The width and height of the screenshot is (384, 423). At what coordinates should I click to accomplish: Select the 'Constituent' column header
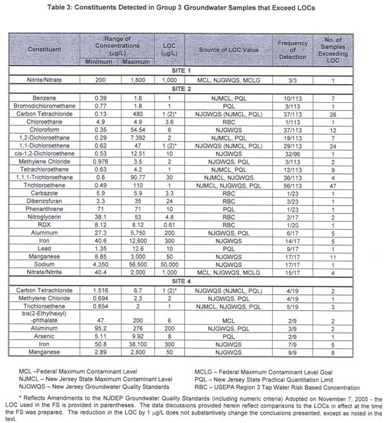pyautogui.click(x=45, y=49)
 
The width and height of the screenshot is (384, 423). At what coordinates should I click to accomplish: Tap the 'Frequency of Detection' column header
pyautogui.click(x=292, y=49)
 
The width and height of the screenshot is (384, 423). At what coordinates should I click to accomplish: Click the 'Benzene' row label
pyautogui.click(x=45, y=96)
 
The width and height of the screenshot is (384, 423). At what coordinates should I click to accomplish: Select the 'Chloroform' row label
pyautogui.click(x=45, y=129)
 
